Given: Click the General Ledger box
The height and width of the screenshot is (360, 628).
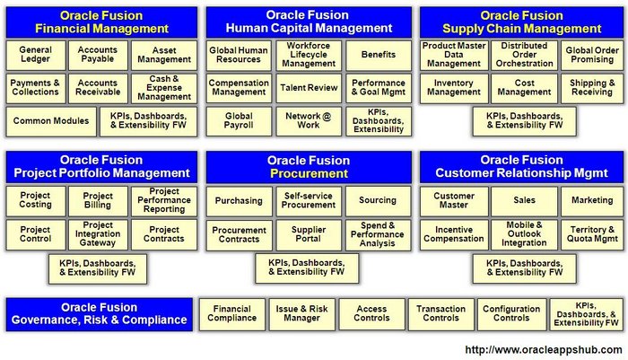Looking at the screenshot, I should pyautogui.click(x=35, y=56).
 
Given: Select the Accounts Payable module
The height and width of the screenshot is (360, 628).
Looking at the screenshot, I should pyautogui.click(x=97, y=56).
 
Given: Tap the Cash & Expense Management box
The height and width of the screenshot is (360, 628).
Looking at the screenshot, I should pyautogui.click(x=162, y=88).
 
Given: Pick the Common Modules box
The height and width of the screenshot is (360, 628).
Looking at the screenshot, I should pyautogui.click(x=50, y=121).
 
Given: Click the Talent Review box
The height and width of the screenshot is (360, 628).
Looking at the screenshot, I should pyautogui.click(x=310, y=88).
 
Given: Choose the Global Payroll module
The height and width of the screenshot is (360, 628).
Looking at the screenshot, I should pyautogui.click(x=239, y=121).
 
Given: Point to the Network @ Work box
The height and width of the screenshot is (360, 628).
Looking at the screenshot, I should pyautogui.click(x=310, y=121).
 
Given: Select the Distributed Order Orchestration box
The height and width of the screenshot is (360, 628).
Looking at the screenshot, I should pyautogui.click(x=524, y=56).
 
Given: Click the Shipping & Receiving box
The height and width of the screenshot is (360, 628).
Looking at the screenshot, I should pyautogui.click(x=592, y=88).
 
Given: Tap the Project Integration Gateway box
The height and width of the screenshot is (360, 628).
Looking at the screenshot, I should pyautogui.click(x=97, y=235).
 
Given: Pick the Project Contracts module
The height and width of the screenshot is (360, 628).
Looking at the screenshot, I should pyautogui.click(x=162, y=235).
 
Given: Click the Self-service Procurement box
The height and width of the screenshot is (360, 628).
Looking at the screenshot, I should pyautogui.click(x=310, y=201).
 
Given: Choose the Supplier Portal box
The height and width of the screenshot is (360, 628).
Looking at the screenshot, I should pyautogui.click(x=310, y=235).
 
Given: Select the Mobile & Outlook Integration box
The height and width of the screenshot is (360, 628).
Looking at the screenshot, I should pyautogui.click(x=524, y=235).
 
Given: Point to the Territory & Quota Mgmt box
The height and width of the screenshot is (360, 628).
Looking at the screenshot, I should pyautogui.click(x=592, y=235).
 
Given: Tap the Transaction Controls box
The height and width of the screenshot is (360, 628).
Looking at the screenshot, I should pyautogui.click(x=440, y=313).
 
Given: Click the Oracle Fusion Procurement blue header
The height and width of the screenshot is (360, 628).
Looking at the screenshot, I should pyautogui.click(x=310, y=167).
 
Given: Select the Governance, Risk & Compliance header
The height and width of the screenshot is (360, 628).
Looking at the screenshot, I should pyautogui.click(x=99, y=313).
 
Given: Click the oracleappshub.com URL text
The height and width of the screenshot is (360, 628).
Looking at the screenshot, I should pyautogui.click(x=543, y=349).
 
